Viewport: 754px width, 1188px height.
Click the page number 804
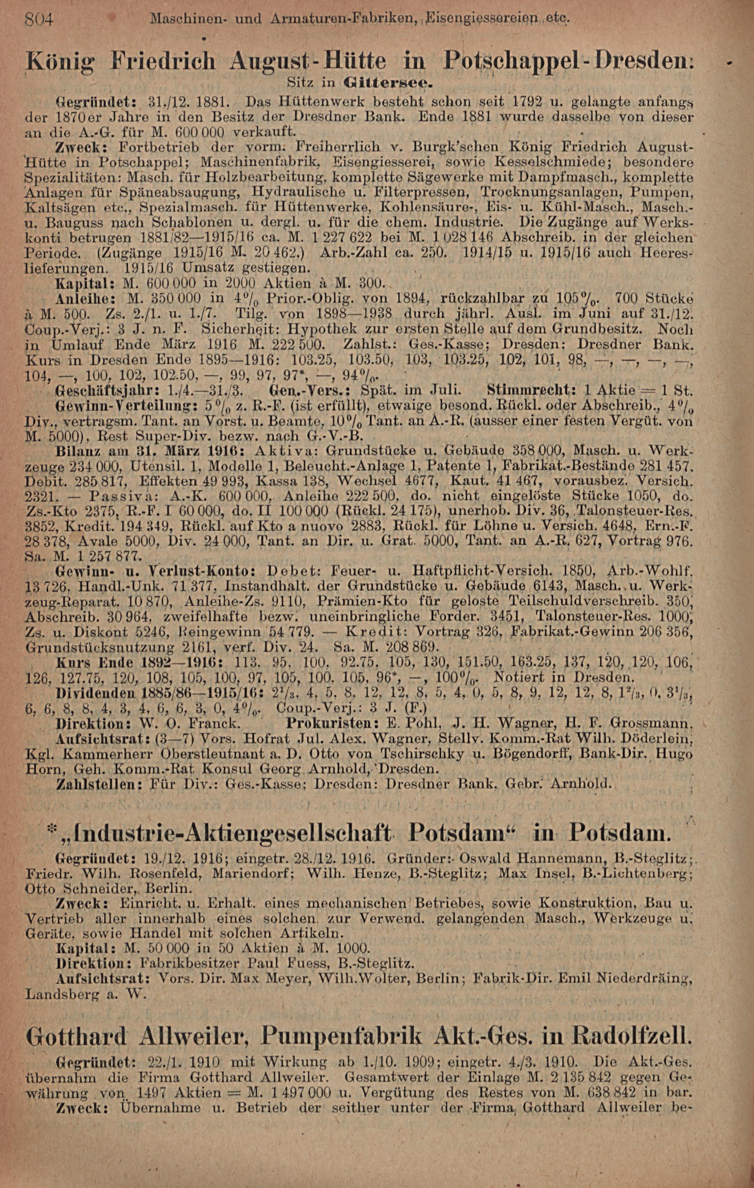pyautogui.click(x=41, y=21)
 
